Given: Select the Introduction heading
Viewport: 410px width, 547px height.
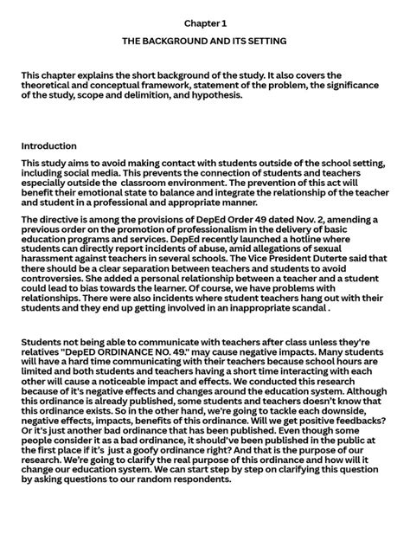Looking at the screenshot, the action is pos(49,146).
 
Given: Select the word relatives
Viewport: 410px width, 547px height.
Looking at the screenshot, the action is pos(45,355).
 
